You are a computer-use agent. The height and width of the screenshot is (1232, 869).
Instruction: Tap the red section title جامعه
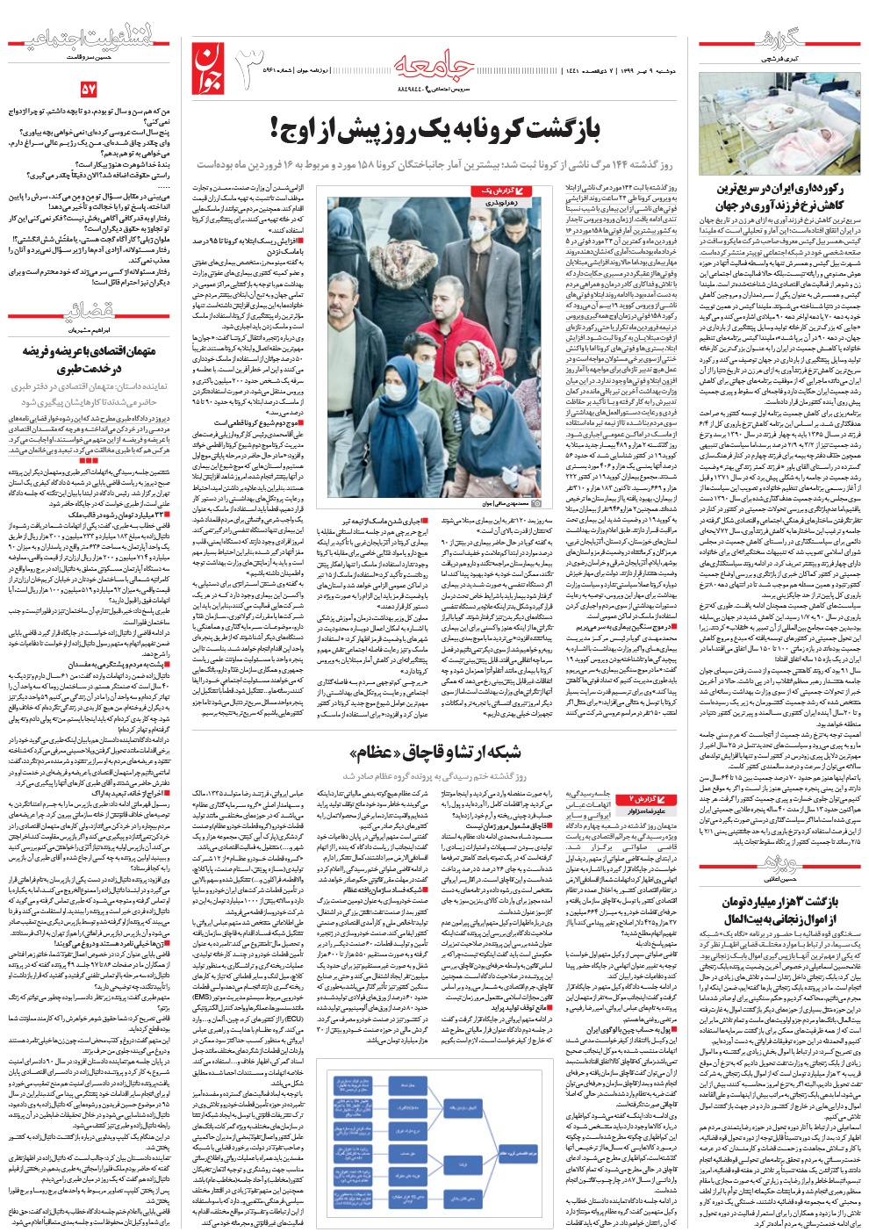point(434,63)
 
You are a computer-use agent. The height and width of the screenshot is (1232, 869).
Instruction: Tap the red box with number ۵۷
point(89,89)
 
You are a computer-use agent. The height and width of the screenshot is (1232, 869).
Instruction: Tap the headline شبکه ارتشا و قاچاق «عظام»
point(435,752)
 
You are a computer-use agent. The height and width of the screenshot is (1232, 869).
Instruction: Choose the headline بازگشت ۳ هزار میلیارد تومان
point(781,910)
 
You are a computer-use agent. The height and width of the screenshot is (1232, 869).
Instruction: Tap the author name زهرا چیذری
point(501,203)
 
